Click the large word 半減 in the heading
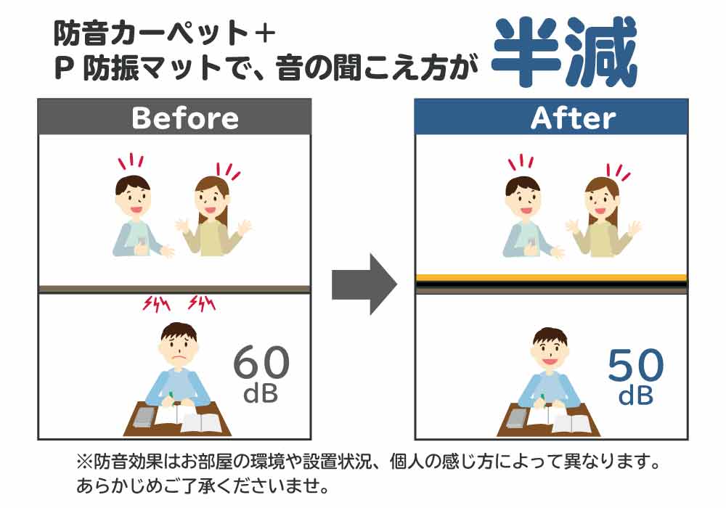point(564,52)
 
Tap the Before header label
point(184,118)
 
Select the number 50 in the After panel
point(635,366)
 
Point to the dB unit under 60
point(261,396)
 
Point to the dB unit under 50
point(636,397)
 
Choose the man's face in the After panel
point(523,196)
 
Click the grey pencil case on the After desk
point(518,417)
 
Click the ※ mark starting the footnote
point(83,462)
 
